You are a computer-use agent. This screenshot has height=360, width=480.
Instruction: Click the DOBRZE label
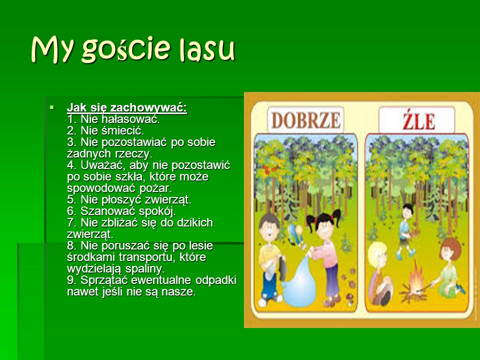(305, 120)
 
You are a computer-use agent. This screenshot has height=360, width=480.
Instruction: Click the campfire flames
(415, 279)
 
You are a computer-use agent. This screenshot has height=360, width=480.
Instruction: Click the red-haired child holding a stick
(448, 267)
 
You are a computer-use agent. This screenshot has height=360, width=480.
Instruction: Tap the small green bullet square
(51, 107)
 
